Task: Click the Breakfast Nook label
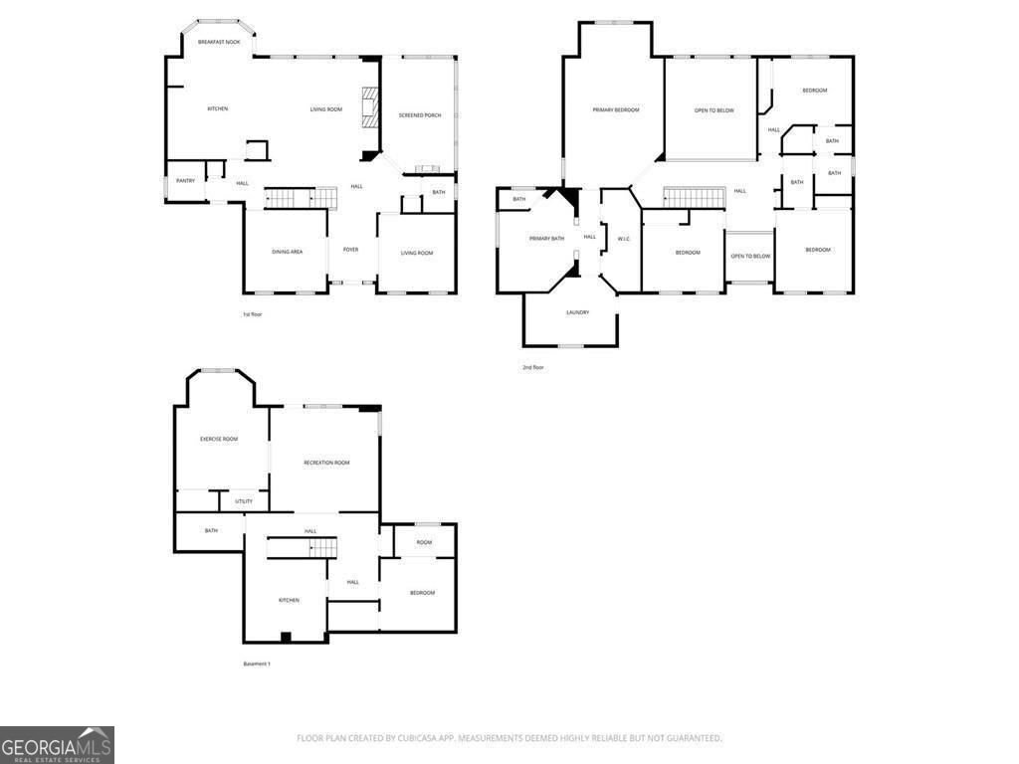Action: [x=219, y=42]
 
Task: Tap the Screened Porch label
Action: [x=419, y=115]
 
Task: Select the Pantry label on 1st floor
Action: [x=185, y=180]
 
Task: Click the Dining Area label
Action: [x=288, y=252]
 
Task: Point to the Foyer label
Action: [x=350, y=250]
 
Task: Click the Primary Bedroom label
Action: [x=616, y=109]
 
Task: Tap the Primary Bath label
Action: [x=546, y=239]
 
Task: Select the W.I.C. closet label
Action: [x=624, y=239]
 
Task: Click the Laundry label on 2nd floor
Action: [x=577, y=312]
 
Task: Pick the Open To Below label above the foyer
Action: [x=750, y=257]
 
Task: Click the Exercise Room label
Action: [x=219, y=439]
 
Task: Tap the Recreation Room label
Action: [x=326, y=463]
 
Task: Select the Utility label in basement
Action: [x=244, y=501]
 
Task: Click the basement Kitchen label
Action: [x=289, y=600]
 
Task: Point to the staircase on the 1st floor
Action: [x=295, y=198]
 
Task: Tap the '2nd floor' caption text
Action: [x=533, y=367]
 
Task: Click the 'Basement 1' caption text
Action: [x=257, y=664]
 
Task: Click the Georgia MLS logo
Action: [x=57, y=745]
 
